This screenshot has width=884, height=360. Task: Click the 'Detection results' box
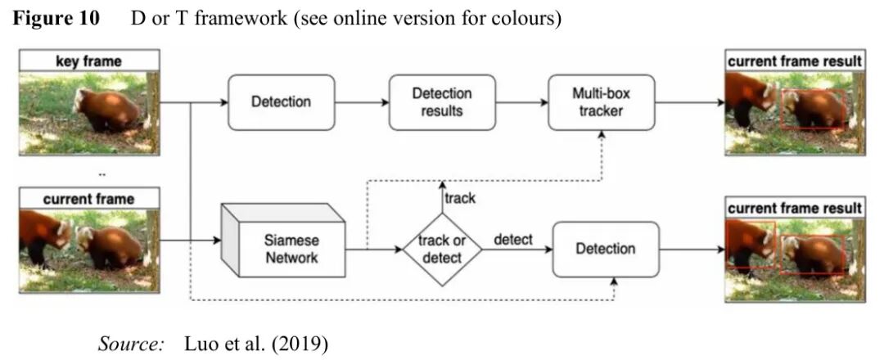click(442, 102)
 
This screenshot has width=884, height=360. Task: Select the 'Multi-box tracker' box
click(601, 102)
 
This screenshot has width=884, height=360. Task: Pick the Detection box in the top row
click(281, 102)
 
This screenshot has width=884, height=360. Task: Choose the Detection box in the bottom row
click(606, 248)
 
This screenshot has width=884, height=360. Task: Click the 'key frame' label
click(89, 61)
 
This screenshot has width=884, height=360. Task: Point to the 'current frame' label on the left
click(89, 199)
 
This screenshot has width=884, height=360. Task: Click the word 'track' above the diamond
click(458, 198)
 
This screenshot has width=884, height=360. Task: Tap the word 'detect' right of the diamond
click(513, 240)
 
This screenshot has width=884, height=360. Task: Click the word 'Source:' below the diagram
click(132, 344)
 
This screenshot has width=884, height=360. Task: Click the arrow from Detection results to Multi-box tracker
click(522, 102)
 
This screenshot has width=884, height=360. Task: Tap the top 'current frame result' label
click(794, 61)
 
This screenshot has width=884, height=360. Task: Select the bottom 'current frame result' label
click(794, 208)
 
